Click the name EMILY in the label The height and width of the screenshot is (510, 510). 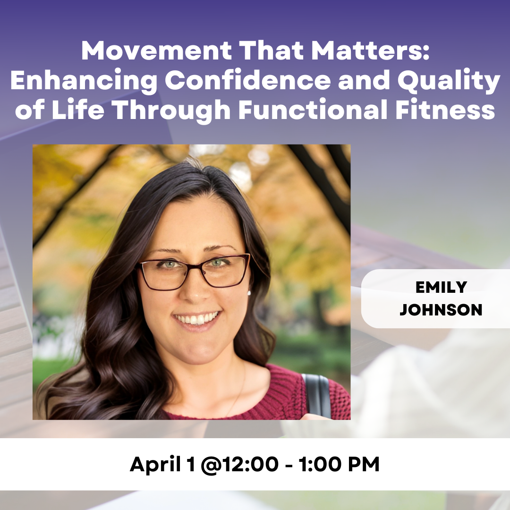tap(441, 287)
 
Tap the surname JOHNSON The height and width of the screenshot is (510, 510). tap(441, 310)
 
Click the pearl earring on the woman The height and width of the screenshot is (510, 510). tap(249, 293)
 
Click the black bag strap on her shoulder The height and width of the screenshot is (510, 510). tap(317, 395)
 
